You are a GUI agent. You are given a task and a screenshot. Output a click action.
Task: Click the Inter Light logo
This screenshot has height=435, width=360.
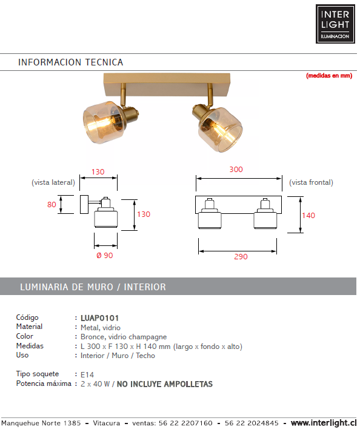coord(335,24)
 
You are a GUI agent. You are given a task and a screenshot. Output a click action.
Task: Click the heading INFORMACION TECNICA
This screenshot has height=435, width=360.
coord(70,62)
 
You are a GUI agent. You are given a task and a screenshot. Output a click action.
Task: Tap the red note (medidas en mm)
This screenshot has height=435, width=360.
coord(329,76)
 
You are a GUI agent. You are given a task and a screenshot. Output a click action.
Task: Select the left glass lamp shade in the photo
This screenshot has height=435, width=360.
coord(102,122)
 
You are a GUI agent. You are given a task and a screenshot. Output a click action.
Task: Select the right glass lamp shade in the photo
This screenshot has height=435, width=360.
coord(221,130)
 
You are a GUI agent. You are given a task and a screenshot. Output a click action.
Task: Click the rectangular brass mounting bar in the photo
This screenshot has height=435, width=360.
coord(167,84)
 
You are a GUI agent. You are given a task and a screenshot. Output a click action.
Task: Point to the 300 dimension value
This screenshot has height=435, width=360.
coord(236,169)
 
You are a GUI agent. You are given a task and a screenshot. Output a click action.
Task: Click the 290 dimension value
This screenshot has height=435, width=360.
coord(241,256)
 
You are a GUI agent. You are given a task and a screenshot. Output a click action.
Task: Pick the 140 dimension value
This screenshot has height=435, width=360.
coord(308,215)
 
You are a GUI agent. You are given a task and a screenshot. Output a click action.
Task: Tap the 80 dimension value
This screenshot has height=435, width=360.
coord(52,204)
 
